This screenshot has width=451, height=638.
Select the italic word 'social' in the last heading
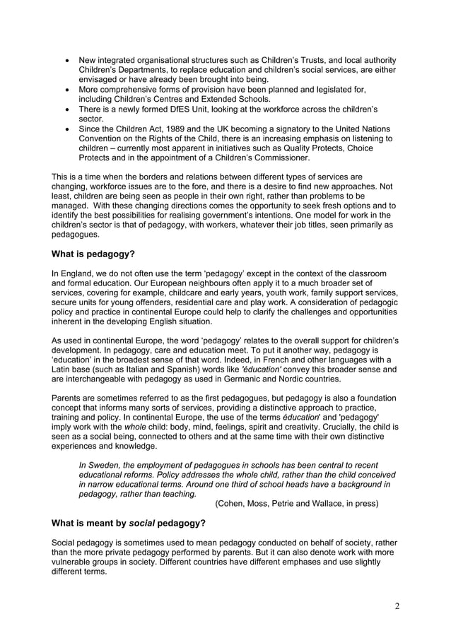(143, 523)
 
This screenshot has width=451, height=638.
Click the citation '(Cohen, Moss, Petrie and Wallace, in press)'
(297, 504)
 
